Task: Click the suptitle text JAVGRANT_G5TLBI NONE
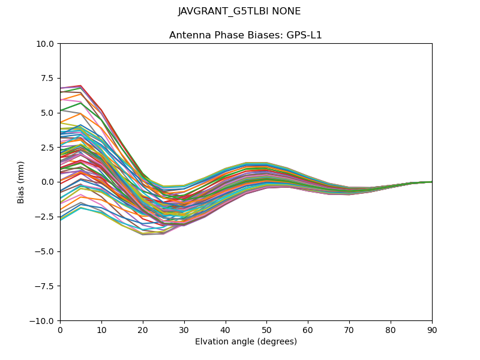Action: point(239,11)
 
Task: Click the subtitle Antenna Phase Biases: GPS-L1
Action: point(245,35)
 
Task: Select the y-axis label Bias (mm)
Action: point(21,182)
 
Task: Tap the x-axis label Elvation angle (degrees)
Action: point(245,342)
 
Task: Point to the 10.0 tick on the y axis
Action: point(47,44)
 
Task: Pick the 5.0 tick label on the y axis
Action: point(49,113)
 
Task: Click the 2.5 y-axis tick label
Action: point(49,148)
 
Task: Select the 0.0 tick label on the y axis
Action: point(49,182)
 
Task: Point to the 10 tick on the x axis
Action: point(101,329)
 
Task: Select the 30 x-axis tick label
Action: point(184,329)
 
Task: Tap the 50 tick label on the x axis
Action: point(266,329)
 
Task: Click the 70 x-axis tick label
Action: point(349,329)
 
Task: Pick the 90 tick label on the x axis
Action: point(432,329)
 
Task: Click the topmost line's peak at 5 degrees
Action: point(80,86)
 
